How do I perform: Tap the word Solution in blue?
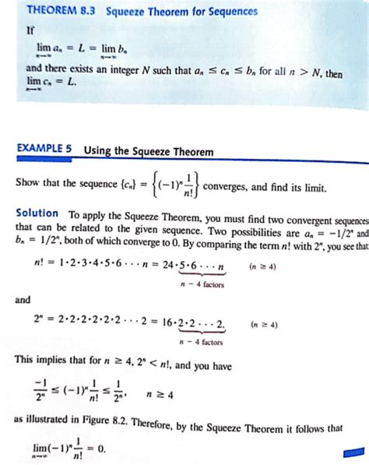point(37,213)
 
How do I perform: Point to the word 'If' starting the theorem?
point(30,31)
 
